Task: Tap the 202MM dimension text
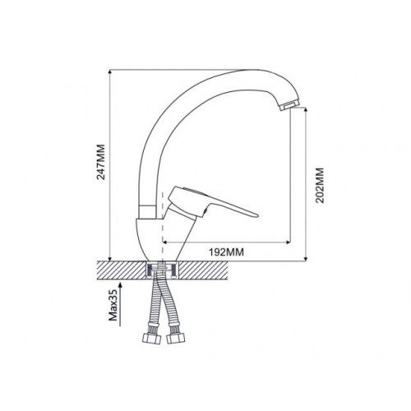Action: pyautogui.click(x=320, y=185)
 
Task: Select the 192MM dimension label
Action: pyautogui.click(x=226, y=252)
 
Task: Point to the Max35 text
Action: pyautogui.click(x=113, y=306)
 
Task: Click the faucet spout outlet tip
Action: pyautogui.click(x=290, y=105)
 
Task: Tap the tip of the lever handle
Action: pyautogui.click(x=256, y=215)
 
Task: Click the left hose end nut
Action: pyautogui.click(x=151, y=339)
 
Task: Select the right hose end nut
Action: pyautogui.click(x=175, y=339)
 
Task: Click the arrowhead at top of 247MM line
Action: pyautogui.click(x=110, y=72)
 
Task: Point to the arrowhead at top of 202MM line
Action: pyautogui.click(x=306, y=110)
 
